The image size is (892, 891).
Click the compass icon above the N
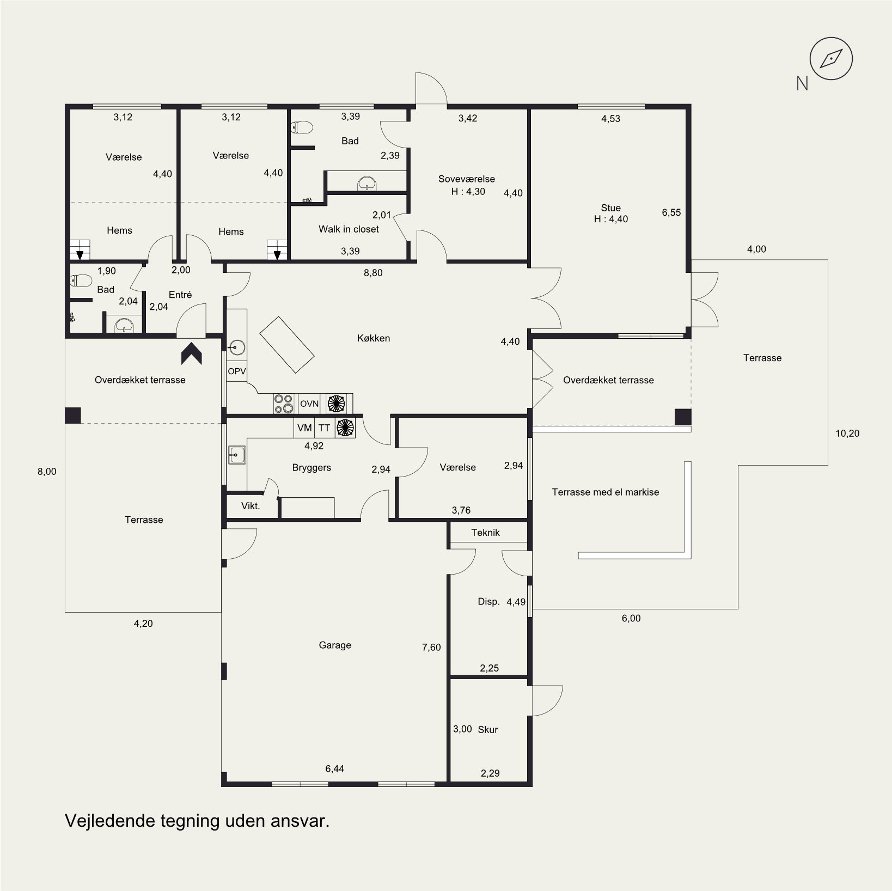point(831,58)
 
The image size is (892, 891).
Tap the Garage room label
point(335,645)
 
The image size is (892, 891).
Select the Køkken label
point(374,338)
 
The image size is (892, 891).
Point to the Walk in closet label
point(349,229)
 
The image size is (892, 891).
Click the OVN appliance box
point(309,404)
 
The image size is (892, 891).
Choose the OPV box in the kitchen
point(237,371)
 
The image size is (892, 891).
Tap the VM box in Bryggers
point(304,428)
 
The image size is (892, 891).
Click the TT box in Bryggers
point(325,428)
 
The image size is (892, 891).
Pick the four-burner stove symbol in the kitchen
point(284,404)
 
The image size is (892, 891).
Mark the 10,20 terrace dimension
point(847,434)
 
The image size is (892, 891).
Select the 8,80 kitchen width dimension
point(373,273)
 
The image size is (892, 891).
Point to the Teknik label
point(485,533)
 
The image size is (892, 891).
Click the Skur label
point(488,730)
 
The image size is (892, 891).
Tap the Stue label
point(611,208)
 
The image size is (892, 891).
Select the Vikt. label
point(251,506)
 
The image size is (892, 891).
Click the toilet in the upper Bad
point(302,127)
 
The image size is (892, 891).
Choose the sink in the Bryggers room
point(237,455)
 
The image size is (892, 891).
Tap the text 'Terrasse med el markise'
point(606,492)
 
